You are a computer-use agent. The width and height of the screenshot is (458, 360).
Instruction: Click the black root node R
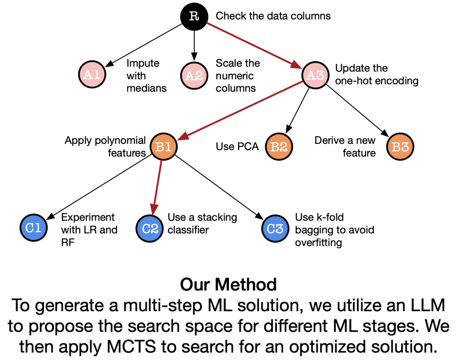point(194,17)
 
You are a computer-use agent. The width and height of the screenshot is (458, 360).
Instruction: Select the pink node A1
point(92,75)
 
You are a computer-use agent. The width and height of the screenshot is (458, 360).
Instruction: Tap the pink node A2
point(194,75)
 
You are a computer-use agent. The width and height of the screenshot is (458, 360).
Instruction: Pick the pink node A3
point(315,75)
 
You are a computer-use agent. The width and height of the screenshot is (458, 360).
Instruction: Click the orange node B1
point(163,147)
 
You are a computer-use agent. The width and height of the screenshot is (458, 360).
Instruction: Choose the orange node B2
point(279,147)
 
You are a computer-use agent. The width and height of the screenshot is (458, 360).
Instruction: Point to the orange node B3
point(400,147)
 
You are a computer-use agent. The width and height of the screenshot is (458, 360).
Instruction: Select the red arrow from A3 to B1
point(240,111)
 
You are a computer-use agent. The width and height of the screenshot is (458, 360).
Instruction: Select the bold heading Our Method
point(228,285)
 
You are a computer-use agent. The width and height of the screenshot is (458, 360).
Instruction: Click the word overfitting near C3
point(318,243)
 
